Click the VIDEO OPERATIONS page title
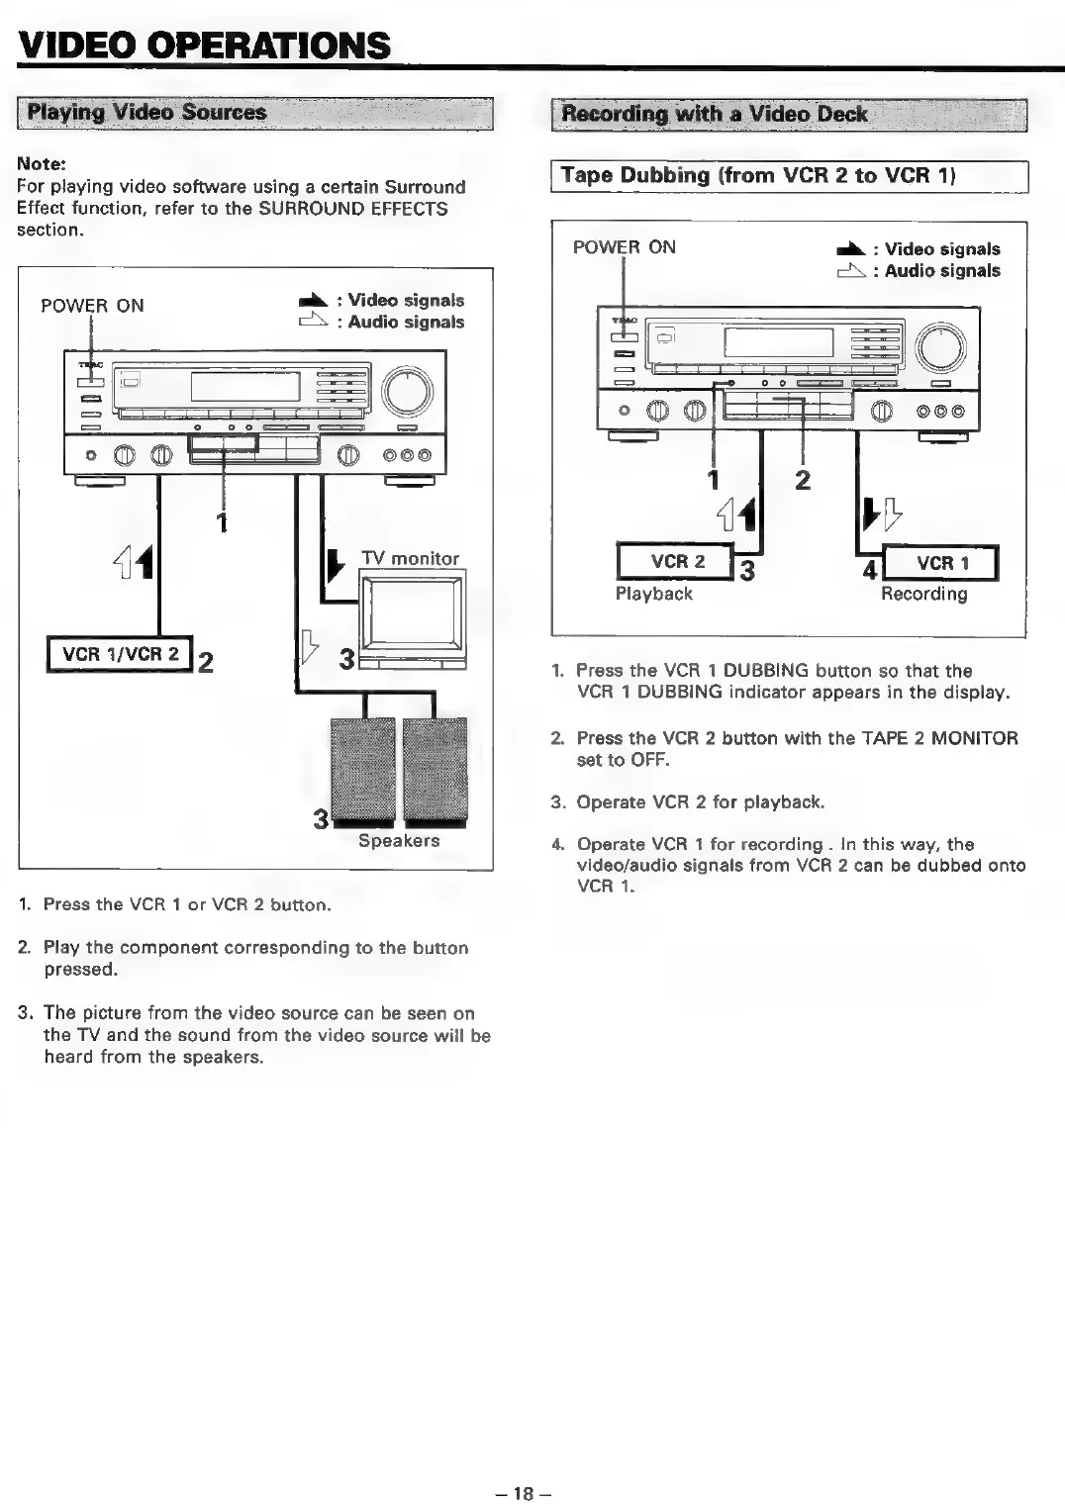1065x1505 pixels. tap(203, 45)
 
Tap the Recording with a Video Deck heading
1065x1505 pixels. tap(715, 114)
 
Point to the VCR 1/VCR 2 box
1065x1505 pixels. tap(120, 654)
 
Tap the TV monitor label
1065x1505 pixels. tap(410, 558)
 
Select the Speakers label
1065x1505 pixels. tap(399, 840)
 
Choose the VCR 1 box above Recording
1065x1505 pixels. tap(941, 563)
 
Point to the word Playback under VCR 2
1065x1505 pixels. tap(653, 594)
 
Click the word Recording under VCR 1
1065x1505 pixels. tap(923, 594)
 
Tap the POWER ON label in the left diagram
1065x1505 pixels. tap(92, 306)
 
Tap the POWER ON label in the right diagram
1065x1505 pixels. tap(624, 247)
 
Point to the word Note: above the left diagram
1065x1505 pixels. tap(41, 163)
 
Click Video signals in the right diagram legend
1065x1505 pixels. tap(941, 249)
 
